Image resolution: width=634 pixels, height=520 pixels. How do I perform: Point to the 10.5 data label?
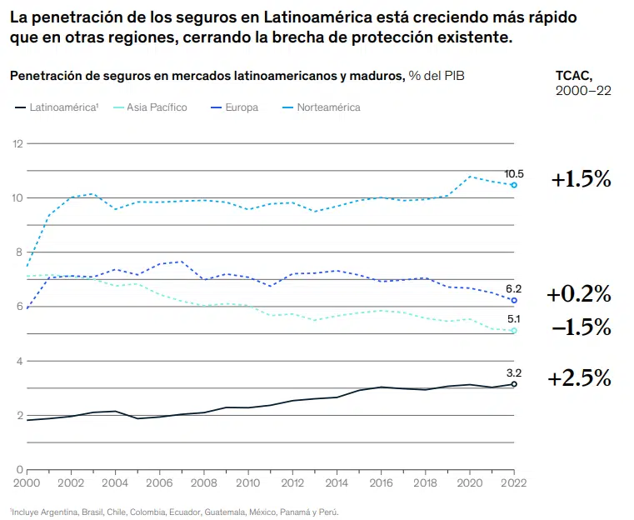pos(513,172)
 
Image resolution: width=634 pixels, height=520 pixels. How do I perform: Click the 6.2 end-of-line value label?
pos(514,287)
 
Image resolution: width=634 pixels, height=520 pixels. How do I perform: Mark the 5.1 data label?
pos(514,318)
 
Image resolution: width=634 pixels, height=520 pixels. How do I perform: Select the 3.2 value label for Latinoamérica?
pos(514,372)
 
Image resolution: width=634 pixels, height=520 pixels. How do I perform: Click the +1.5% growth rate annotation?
pos(581,179)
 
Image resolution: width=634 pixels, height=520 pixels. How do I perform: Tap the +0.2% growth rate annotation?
pos(579,294)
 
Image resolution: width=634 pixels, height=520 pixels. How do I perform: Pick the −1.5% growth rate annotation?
pos(581,327)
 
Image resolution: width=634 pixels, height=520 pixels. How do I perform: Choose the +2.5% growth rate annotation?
pos(579,378)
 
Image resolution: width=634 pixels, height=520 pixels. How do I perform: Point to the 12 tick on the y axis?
pos(16,144)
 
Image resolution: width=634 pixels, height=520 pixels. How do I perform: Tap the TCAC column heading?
pos(574,75)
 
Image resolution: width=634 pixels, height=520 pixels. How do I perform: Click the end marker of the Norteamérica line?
pos(514,185)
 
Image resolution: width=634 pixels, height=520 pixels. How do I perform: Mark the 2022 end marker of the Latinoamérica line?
pos(514,384)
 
